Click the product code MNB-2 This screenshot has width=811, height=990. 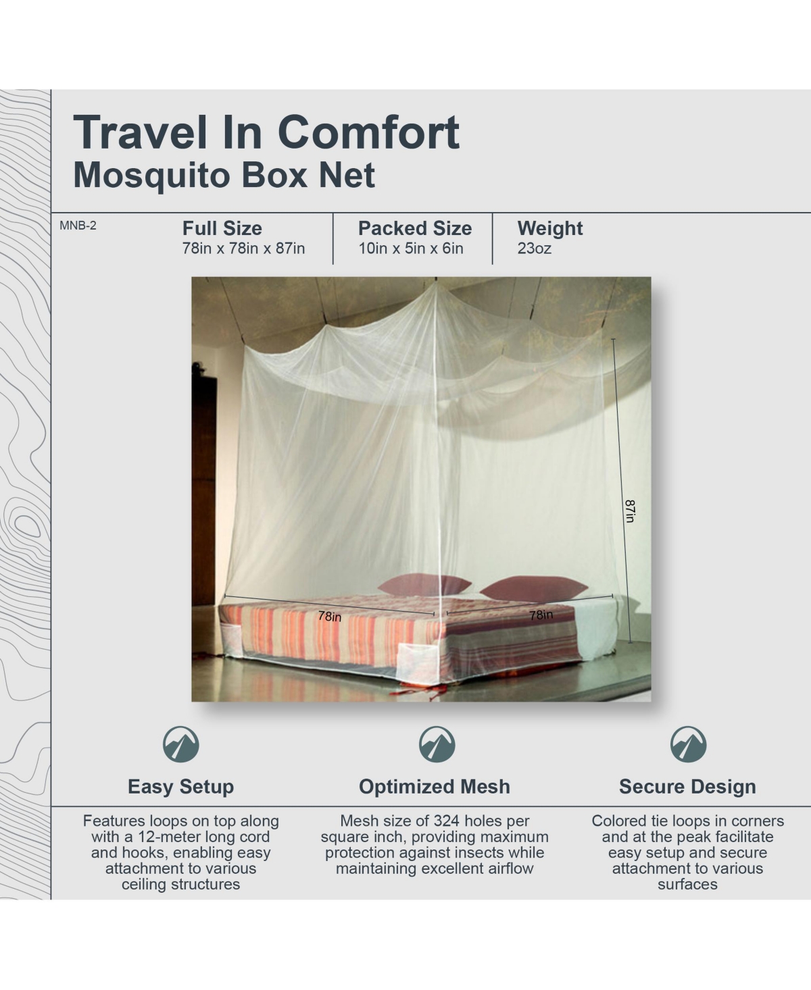click(x=78, y=226)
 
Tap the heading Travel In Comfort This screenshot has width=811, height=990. click(x=266, y=133)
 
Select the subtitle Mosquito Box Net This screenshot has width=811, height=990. click(x=224, y=176)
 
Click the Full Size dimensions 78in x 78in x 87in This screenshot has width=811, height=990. click(x=243, y=249)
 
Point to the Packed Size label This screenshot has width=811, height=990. click(x=415, y=228)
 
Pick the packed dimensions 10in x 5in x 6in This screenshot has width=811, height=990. click(x=411, y=249)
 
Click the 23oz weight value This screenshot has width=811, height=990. click(x=534, y=249)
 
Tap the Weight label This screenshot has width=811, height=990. click(x=549, y=229)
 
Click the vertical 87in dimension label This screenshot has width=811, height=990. click(x=630, y=511)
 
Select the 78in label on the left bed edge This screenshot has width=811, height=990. click(x=329, y=617)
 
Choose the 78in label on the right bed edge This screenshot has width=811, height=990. click(x=541, y=615)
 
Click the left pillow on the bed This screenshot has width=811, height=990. click(x=424, y=584)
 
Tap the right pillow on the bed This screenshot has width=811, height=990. click(x=533, y=589)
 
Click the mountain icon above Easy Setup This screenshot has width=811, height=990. click(x=181, y=744)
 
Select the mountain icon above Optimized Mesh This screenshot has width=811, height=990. click(x=437, y=744)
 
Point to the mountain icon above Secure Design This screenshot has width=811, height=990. click(x=689, y=744)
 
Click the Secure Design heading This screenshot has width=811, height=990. click(x=687, y=787)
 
